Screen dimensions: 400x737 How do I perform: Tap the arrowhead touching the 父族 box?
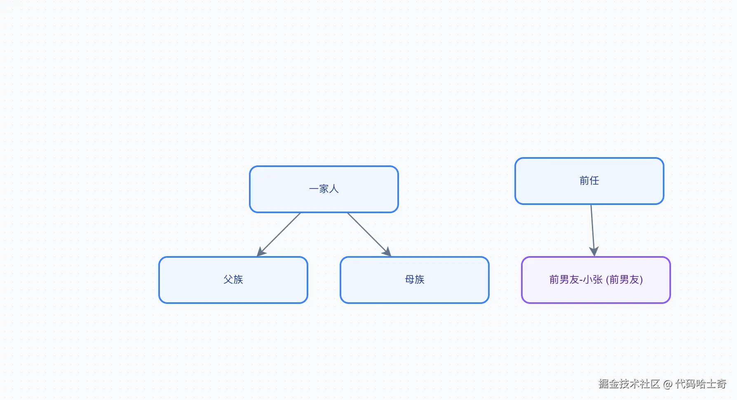pyautogui.click(x=261, y=251)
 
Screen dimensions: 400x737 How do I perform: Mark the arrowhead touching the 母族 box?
pyautogui.click(x=387, y=251)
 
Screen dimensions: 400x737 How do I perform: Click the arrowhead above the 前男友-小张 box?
pyautogui.click(x=594, y=251)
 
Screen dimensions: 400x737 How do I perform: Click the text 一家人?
pyautogui.click(x=324, y=189)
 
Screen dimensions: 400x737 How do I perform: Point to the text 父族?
pyautogui.click(x=233, y=280)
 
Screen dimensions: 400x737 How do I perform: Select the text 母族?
pyautogui.click(x=415, y=280)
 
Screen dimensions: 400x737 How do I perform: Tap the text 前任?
pyautogui.click(x=589, y=181)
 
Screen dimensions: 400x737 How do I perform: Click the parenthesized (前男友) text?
pyautogui.click(x=624, y=280)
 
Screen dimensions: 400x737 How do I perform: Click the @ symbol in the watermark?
pyautogui.click(x=668, y=384)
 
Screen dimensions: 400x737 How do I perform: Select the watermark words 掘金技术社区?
pyautogui.click(x=629, y=384)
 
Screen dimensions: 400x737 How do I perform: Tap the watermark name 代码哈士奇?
pyautogui.click(x=701, y=384)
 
